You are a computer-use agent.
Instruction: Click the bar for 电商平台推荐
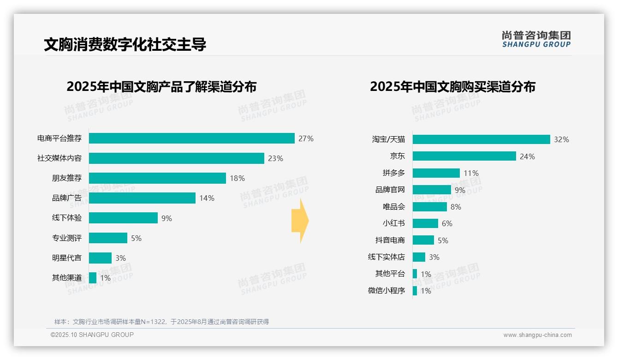pyautogui.click(x=191, y=138)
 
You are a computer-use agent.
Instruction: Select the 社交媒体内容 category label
pyautogui.click(x=59, y=158)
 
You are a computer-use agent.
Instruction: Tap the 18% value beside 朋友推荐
pyautogui.click(x=237, y=179)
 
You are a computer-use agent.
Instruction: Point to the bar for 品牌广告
pyautogui.click(x=142, y=198)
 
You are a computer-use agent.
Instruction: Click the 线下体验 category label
pyautogui.click(x=67, y=218)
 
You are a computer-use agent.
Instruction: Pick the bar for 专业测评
pyautogui.click(x=108, y=238)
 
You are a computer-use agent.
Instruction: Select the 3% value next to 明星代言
pyautogui.click(x=120, y=258)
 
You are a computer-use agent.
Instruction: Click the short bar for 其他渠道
pyautogui.click(x=93, y=278)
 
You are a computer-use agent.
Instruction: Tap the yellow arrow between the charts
pyautogui.click(x=300, y=221)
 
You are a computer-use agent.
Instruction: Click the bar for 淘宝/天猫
pyautogui.click(x=481, y=139)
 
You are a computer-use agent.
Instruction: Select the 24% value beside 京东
pyautogui.click(x=527, y=156)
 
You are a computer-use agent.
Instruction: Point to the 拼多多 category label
pyautogui.click(x=394, y=173)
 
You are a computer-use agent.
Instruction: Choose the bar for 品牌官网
pyautogui.click(x=432, y=190)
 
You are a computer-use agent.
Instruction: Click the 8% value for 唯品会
pyautogui.click(x=456, y=207)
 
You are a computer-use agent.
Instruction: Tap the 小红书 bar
pyautogui.click(x=425, y=223)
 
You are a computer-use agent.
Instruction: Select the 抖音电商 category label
pyautogui.click(x=390, y=240)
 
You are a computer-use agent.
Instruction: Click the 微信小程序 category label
pyautogui.click(x=386, y=291)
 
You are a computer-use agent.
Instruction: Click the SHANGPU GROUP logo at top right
pyautogui.click(x=536, y=39)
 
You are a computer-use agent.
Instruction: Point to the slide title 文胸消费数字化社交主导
pyautogui.click(x=125, y=44)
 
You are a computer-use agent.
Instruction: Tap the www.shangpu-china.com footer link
pyautogui.click(x=537, y=335)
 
